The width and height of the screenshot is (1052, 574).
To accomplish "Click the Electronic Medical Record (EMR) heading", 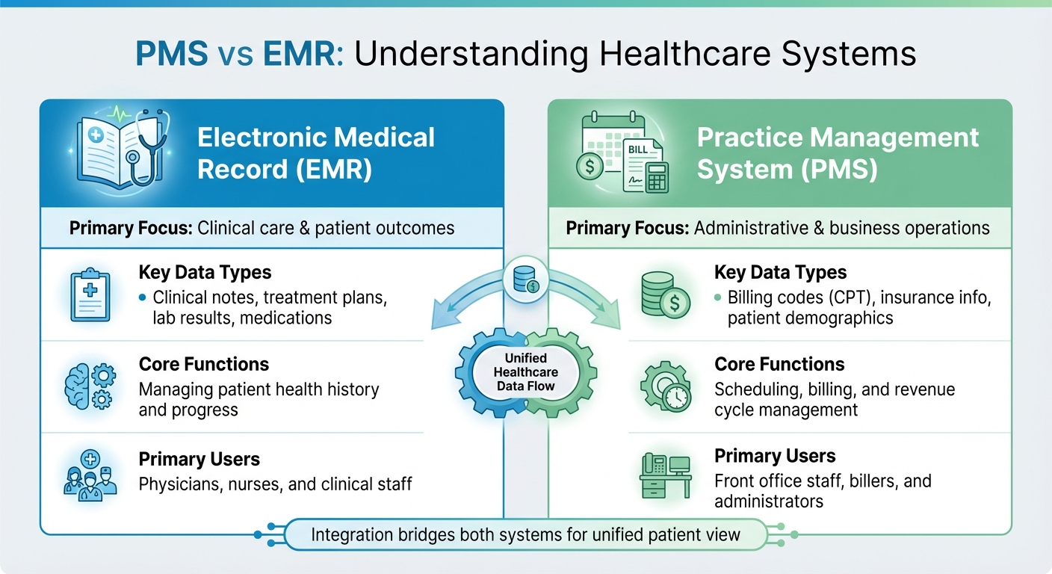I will click(315, 153).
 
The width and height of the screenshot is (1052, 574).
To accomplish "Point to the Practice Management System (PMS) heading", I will click(837, 153).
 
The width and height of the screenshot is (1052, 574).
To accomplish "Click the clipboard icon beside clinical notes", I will click(90, 296).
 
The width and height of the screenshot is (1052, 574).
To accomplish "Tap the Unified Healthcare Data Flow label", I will click(526, 371).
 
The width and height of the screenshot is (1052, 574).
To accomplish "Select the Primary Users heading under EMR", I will click(199, 459).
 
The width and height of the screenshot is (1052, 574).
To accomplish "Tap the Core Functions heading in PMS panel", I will click(779, 365).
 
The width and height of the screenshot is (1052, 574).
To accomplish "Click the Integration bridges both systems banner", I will click(525, 534).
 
